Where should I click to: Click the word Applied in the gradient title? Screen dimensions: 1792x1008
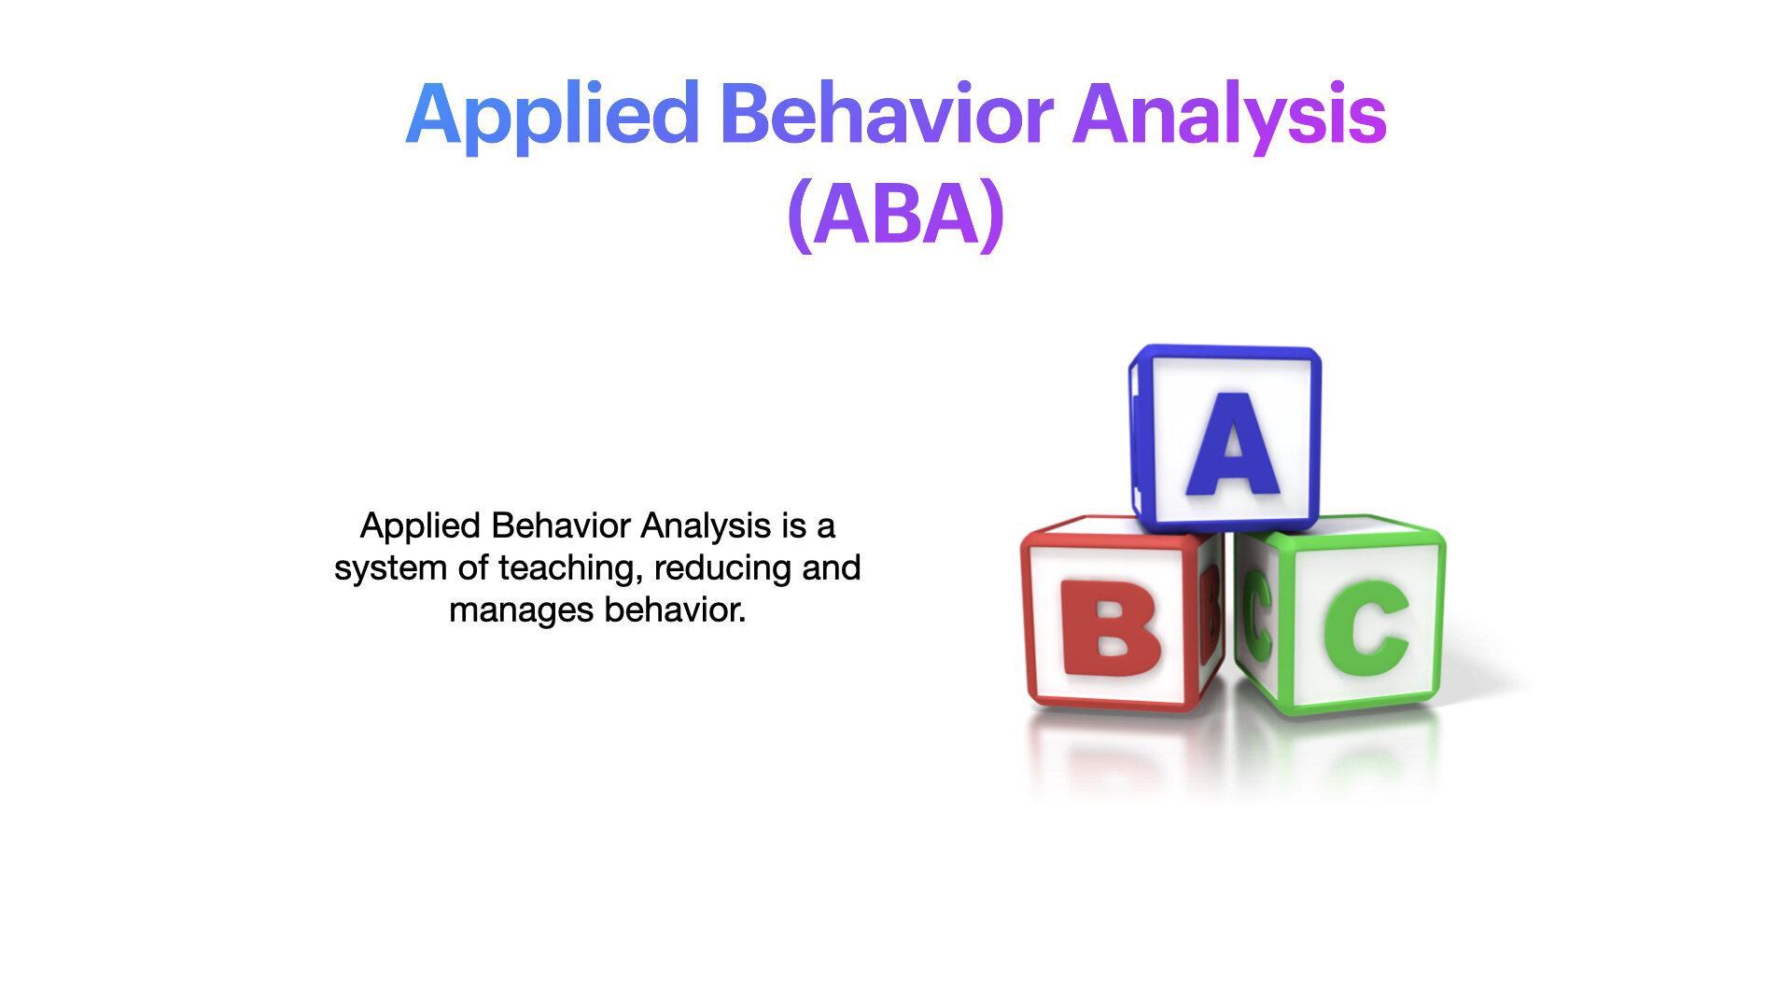553,116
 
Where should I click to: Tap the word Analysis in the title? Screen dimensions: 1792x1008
1230,116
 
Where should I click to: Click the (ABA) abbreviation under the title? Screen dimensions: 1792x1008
896,216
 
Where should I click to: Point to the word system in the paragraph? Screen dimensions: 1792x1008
390,568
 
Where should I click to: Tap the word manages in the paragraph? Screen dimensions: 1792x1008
521,611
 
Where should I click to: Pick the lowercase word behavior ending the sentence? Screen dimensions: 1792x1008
675,609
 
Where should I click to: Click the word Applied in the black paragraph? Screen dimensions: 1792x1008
420,526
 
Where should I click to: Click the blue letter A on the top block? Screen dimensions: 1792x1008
1233,444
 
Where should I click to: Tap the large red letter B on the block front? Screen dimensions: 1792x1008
1111,628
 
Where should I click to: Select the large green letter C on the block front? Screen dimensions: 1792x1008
1366,627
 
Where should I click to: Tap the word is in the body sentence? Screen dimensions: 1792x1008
793,526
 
